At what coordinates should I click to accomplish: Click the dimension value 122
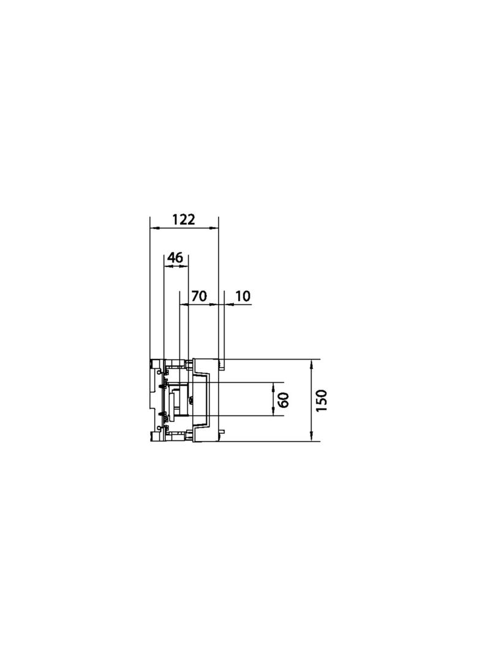(183, 219)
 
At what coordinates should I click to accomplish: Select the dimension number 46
(175, 258)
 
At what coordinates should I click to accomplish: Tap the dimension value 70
(198, 296)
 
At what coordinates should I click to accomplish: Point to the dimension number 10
(242, 296)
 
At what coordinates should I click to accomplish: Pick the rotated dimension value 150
(323, 400)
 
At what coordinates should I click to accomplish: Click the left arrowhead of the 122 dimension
(154, 228)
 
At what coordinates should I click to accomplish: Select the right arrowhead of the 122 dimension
(215, 228)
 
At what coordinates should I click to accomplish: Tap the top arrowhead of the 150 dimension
(312, 363)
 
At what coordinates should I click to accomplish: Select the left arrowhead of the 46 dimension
(167, 267)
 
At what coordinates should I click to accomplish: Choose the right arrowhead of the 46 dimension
(185, 267)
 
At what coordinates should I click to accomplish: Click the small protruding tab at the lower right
(222, 432)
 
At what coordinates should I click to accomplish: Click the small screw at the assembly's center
(192, 401)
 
